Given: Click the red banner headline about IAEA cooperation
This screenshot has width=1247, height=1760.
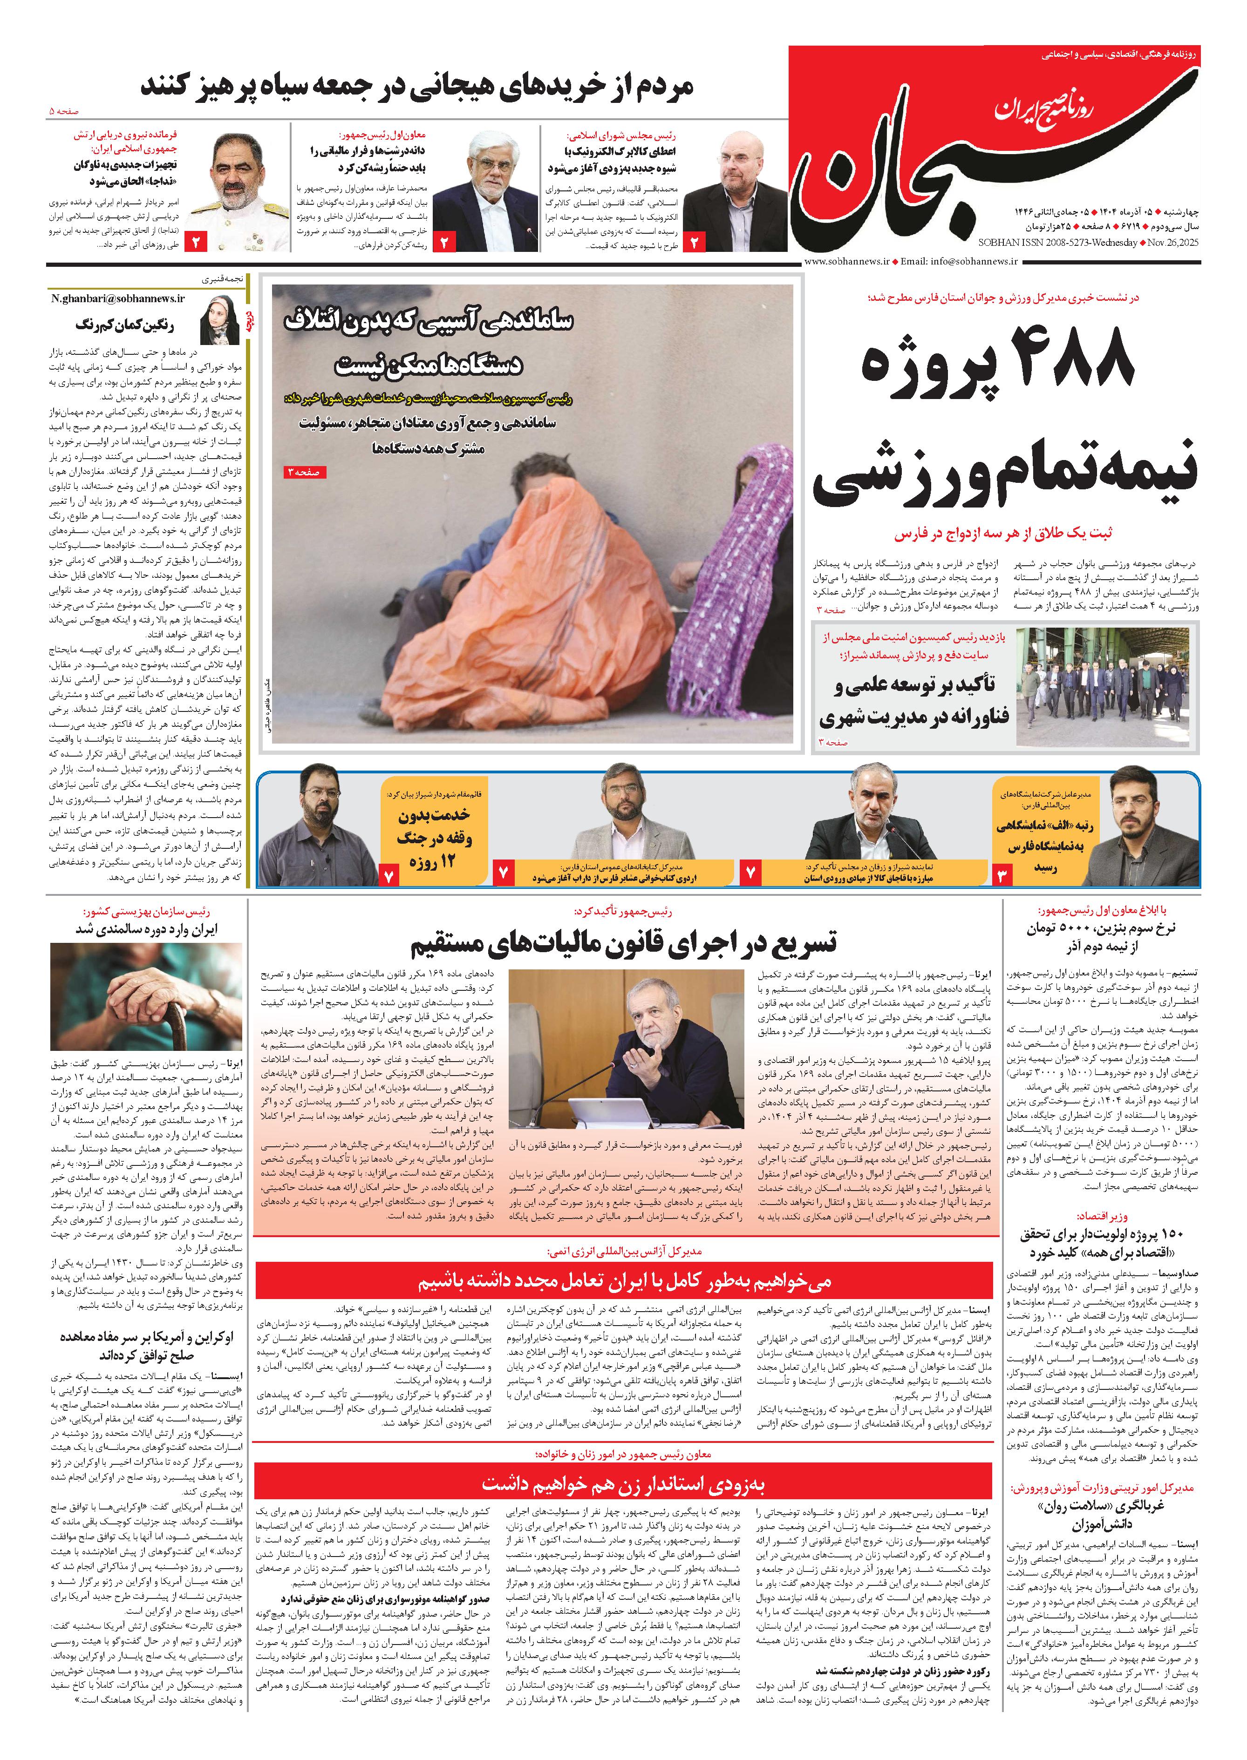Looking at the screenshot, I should (x=623, y=1282).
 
